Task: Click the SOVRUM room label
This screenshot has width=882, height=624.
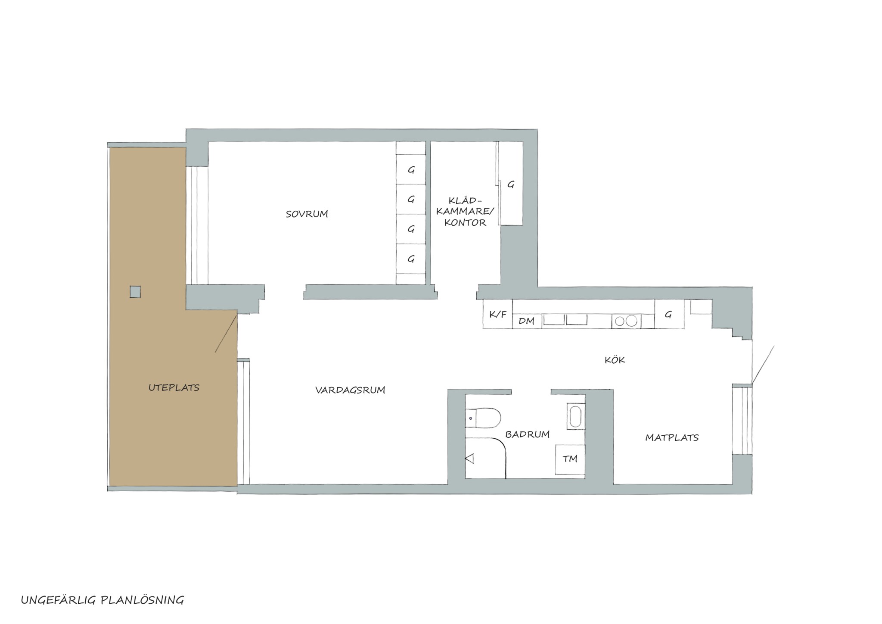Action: [x=307, y=214]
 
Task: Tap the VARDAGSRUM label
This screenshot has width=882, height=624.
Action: [x=350, y=390]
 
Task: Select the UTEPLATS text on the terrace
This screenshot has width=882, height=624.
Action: [x=174, y=387]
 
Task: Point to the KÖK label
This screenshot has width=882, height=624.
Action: [x=615, y=360]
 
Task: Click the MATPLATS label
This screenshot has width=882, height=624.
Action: [x=672, y=437]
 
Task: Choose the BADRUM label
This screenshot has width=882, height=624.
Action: [x=528, y=434]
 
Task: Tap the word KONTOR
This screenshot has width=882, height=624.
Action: [x=465, y=223]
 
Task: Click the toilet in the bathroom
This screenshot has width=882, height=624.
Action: [x=483, y=418]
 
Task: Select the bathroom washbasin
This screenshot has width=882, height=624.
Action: [x=576, y=416]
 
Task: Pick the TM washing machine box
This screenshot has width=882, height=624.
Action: [x=570, y=459]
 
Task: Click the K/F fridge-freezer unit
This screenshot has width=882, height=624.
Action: [x=498, y=314]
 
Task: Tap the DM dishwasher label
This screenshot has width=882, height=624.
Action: [x=527, y=321]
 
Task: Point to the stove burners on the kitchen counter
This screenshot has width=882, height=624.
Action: [x=626, y=321]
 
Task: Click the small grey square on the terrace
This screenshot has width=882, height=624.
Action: [x=135, y=292]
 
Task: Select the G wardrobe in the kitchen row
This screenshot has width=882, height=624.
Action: [x=669, y=314]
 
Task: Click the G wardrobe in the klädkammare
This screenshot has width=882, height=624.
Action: [x=511, y=184]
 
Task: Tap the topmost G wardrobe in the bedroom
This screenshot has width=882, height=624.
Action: [x=411, y=170]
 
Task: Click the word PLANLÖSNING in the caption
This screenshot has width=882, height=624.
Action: [x=142, y=600]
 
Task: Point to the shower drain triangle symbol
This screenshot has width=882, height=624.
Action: [x=470, y=459]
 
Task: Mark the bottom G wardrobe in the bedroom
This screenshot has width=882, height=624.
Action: [x=411, y=259]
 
